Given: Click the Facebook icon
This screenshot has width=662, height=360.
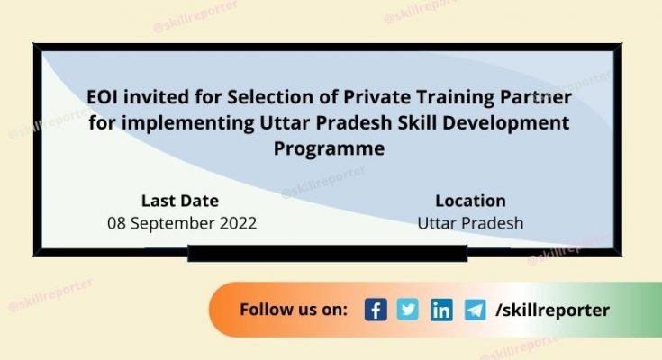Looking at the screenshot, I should [376, 310].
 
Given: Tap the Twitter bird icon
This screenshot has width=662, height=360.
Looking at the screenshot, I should [409, 310].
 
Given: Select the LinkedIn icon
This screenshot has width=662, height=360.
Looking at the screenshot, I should [441, 310].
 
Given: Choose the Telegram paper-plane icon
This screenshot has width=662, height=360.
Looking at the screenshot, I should [475, 310].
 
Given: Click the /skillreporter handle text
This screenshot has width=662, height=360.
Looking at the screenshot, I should [552, 310].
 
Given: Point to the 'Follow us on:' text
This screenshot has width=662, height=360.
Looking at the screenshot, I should [294, 310].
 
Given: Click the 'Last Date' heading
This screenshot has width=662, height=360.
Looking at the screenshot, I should [180, 201].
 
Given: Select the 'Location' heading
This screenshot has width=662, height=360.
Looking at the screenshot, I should [470, 201].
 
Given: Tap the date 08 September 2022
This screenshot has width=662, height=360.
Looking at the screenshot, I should [182, 222].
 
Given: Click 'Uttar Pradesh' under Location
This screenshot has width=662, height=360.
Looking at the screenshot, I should [470, 222].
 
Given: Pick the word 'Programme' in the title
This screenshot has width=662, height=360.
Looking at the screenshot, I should [329, 147].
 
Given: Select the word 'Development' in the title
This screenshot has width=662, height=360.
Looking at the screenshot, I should [512, 121].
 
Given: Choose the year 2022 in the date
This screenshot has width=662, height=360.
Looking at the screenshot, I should [237, 222].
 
